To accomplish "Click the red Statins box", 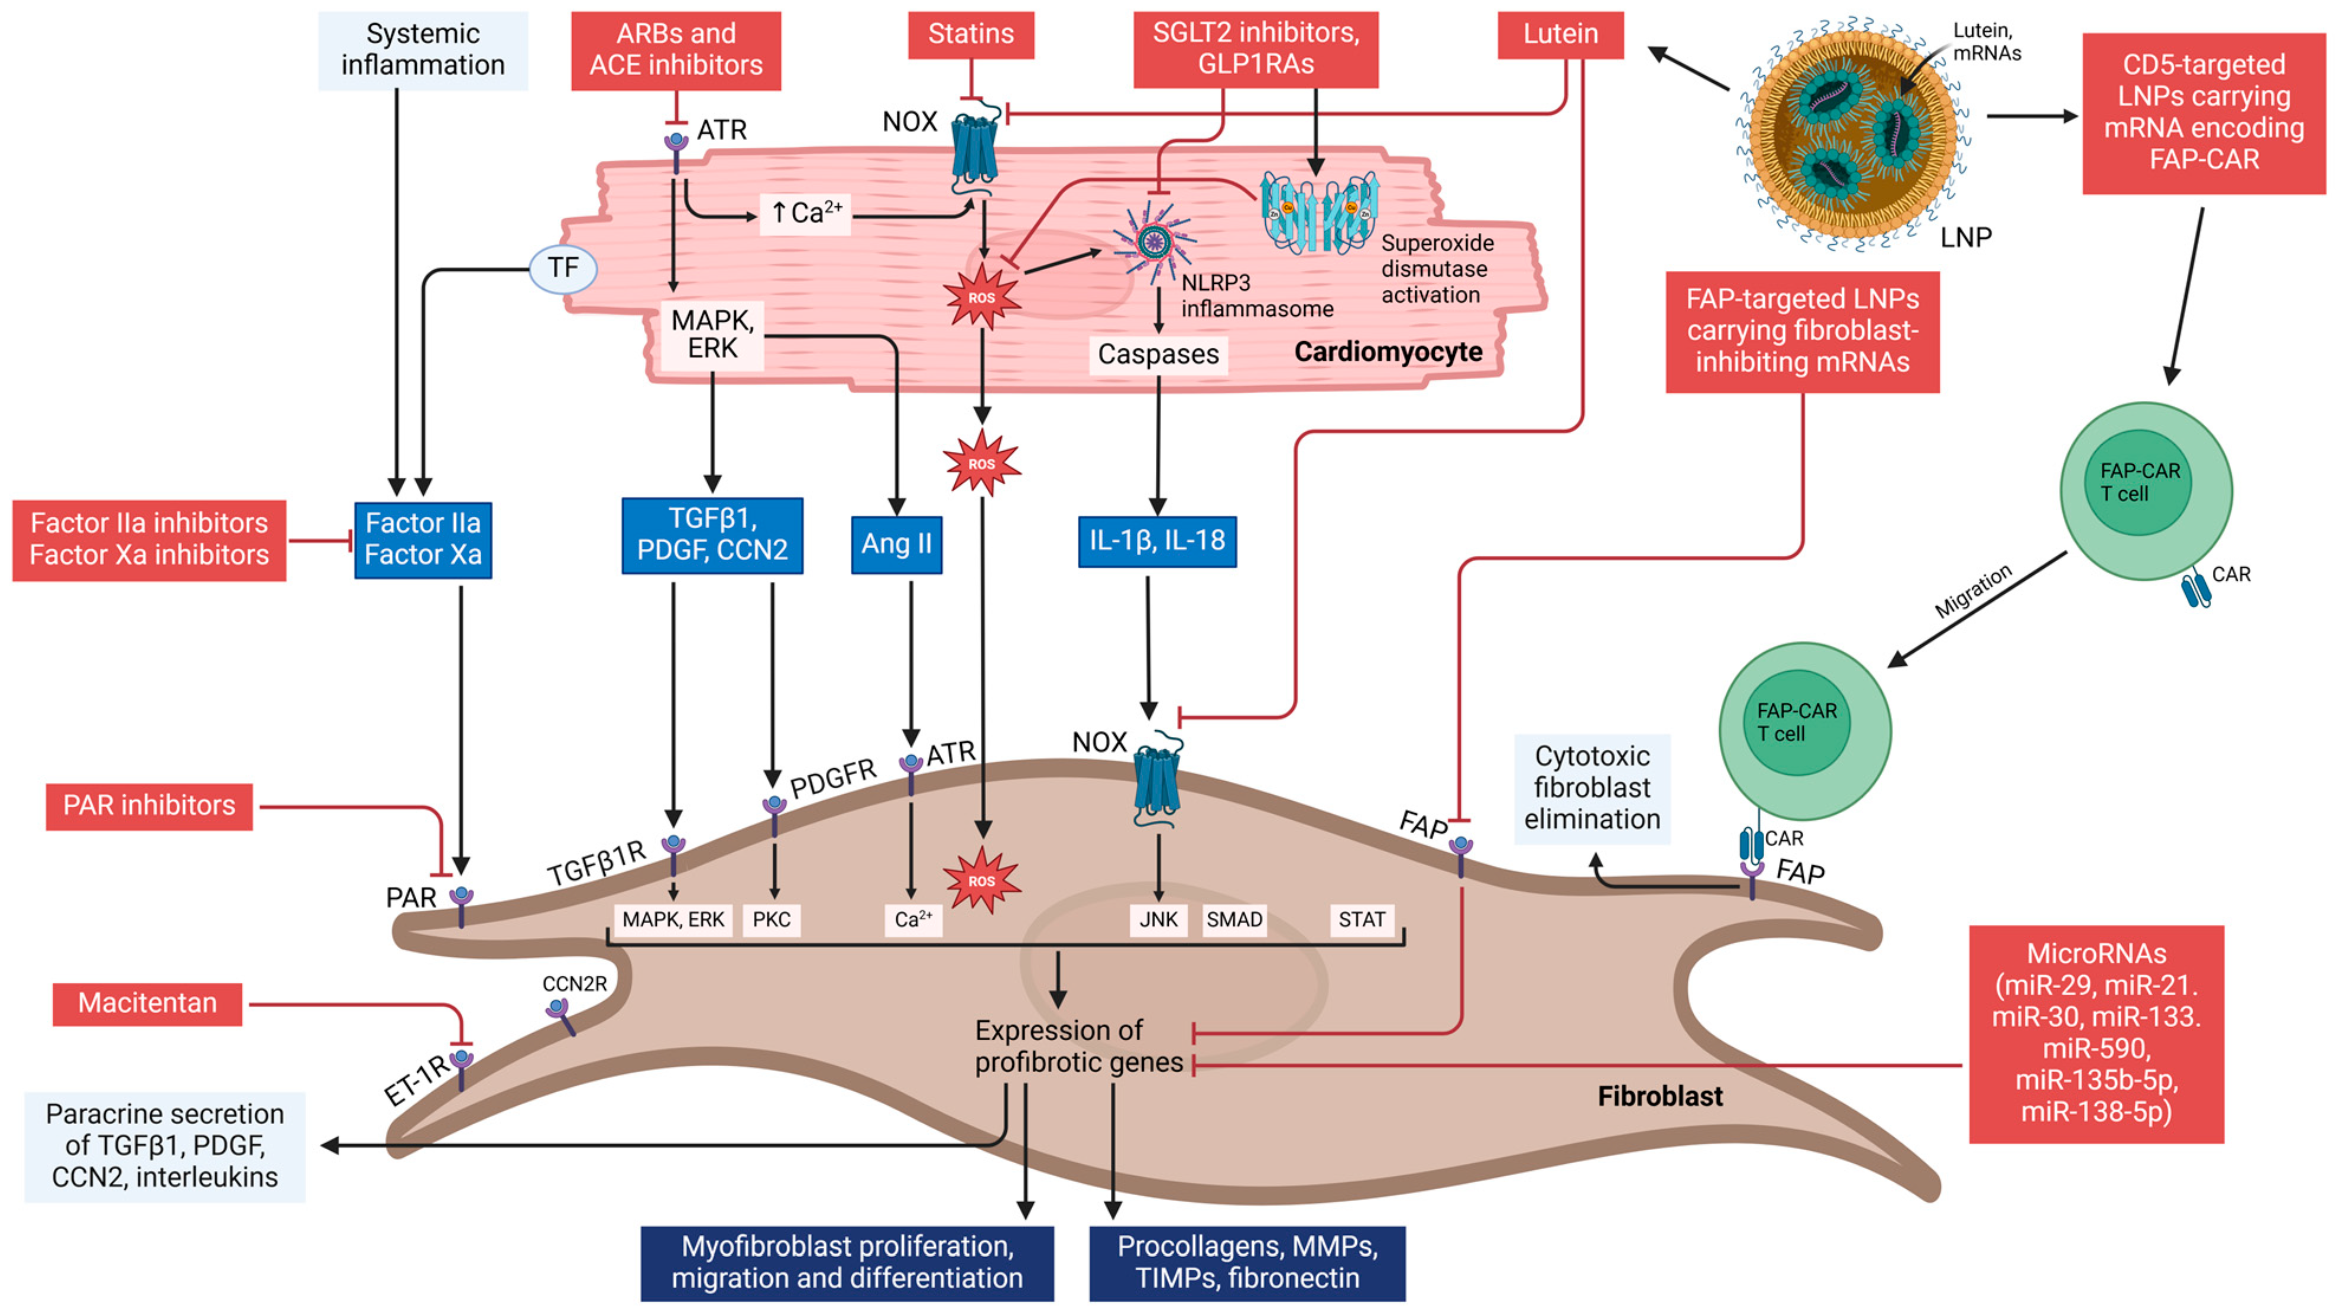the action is pyautogui.click(x=971, y=34).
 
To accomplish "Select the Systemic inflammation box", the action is pyautogui.click(x=423, y=50).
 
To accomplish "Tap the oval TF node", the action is pyautogui.click(x=562, y=268).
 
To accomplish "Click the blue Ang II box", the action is pyautogui.click(x=896, y=545).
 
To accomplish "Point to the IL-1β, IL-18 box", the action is pyautogui.click(x=1157, y=541).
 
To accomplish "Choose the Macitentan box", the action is pyautogui.click(x=147, y=1004).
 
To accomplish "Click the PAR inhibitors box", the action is pyautogui.click(x=149, y=806).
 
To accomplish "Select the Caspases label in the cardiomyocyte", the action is pyautogui.click(x=1158, y=354).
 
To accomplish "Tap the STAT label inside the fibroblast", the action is pyautogui.click(x=1362, y=919).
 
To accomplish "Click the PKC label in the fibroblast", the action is pyautogui.click(x=771, y=919).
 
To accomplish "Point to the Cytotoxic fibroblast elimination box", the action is pyautogui.click(x=1592, y=788).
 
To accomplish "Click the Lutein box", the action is pyautogui.click(x=1560, y=34).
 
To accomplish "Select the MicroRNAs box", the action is pyautogui.click(x=2096, y=1034).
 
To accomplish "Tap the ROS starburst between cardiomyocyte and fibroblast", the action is pyautogui.click(x=981, y=464).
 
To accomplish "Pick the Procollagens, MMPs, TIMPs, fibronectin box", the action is pyautogui.click(x=1247, y=1263).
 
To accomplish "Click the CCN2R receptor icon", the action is pyautogui.click(x=560, y=1017).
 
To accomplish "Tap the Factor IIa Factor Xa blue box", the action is pyautogui.click(x=423, y=540).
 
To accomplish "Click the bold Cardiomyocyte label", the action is pyautogui.click(x=1388, y=352).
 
